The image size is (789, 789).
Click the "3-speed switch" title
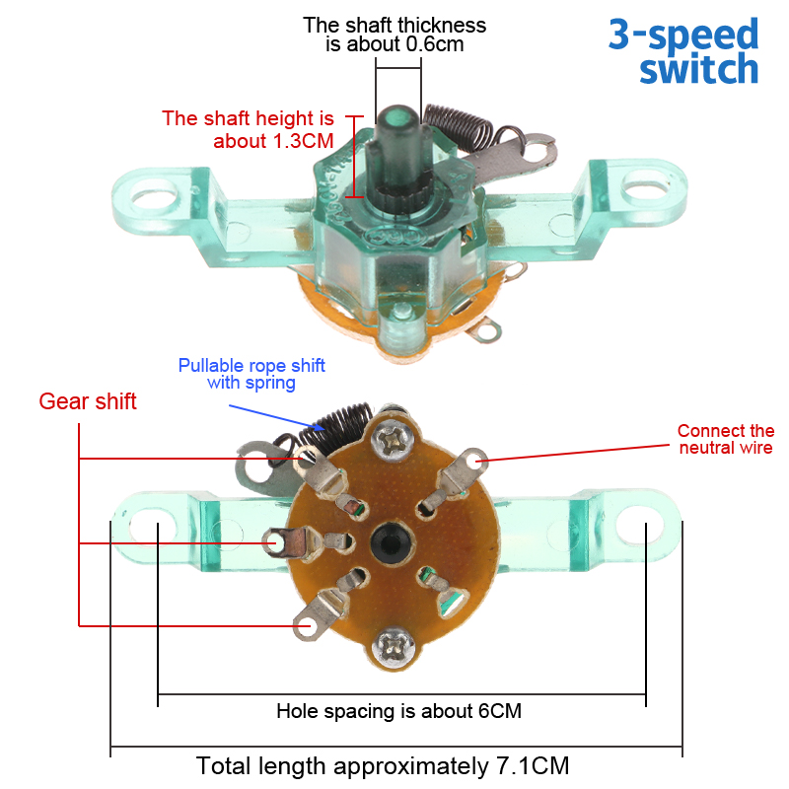coord(683,52)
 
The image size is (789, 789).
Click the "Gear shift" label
coord(88,402)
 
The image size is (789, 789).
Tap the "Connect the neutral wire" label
coord(726,439)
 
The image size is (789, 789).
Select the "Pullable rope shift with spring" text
coord(251,374)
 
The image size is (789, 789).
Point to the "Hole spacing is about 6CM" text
coord(398,711)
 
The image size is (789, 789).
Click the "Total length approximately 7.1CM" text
coord(383,766)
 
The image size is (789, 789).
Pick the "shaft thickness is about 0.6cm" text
coord(394,35)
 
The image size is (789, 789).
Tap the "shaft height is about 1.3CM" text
coord(249,129)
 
